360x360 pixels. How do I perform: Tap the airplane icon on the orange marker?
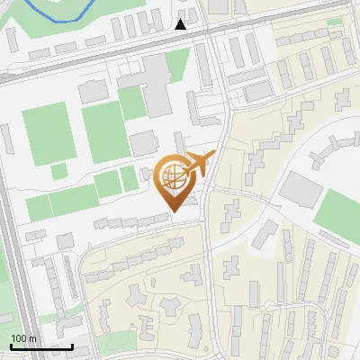pyautogui.click(x=198, y=164)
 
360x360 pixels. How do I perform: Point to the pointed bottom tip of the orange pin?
pyautogui.click(x=172, y=211)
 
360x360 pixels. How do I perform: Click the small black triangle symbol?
pyautogui.click(x=181, y=24)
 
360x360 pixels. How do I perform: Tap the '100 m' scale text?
pyautogui.click(x=23, y=338)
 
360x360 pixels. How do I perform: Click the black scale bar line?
pyautogui.click(x=40, y=346)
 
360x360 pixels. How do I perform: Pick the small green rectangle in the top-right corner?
pyautogui.click(x=335, y=22)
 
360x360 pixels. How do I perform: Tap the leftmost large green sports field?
pyautogui.click(x=47, y=133)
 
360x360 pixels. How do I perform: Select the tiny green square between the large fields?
pyautogui.click(x=59, y=171)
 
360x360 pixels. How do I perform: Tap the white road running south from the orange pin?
pyautogui.click(x=210, y=270)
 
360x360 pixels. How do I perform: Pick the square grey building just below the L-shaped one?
pyautogui.click(x=143, y=142)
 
